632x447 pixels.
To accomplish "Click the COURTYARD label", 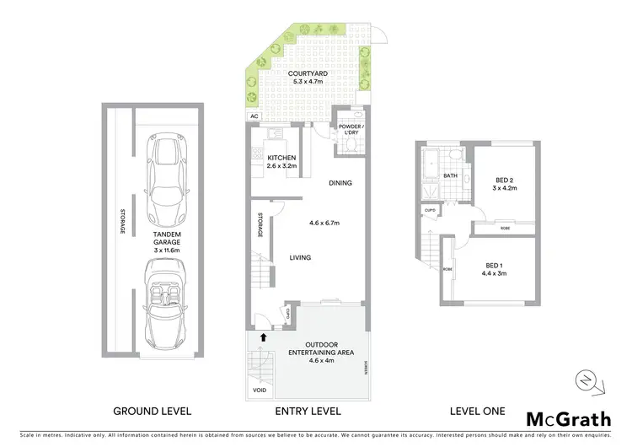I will click(307, 73).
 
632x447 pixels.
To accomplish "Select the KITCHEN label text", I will click(281, 159).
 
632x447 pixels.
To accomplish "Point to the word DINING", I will click(340, 183).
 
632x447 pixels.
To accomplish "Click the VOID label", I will click(260, 390).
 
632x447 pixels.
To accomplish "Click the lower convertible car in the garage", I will click(163, 302).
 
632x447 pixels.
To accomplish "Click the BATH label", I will click(451, 175).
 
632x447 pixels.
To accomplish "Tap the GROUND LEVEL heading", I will click(153, 412).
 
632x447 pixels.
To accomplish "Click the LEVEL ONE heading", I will click(476, 412).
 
